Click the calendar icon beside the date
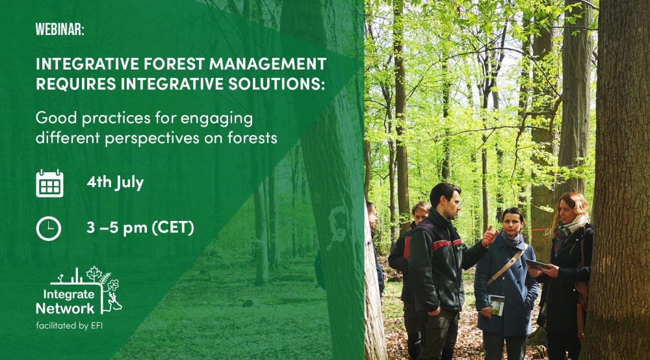[x=49, y=183]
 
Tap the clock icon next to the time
[x=49, y=227]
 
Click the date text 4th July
[x=115, y=183]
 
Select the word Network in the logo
[x=65, y=307]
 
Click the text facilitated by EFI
[x=70, y=325]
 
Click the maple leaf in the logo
[x=95, y=274]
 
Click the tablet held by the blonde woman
[x=538, y=264]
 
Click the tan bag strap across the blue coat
[x=507, y=267]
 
